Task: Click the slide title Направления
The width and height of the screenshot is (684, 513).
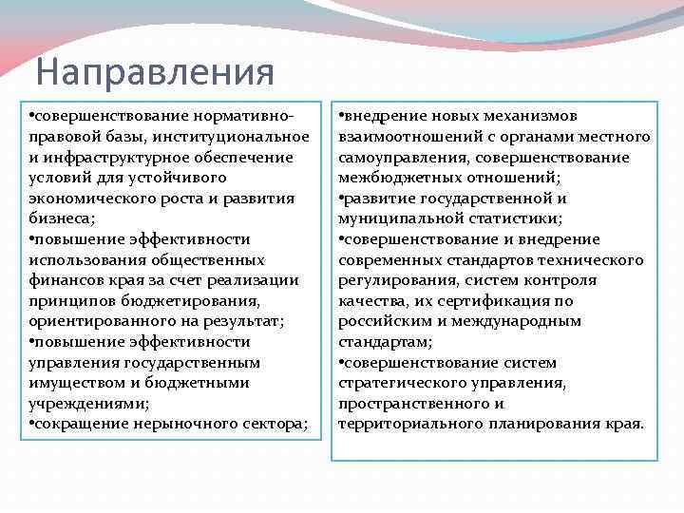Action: click(x=155, y=72)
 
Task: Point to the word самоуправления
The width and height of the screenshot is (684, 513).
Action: click(x=402, y=157)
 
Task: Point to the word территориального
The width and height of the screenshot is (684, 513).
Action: click(x=410, y=424)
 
